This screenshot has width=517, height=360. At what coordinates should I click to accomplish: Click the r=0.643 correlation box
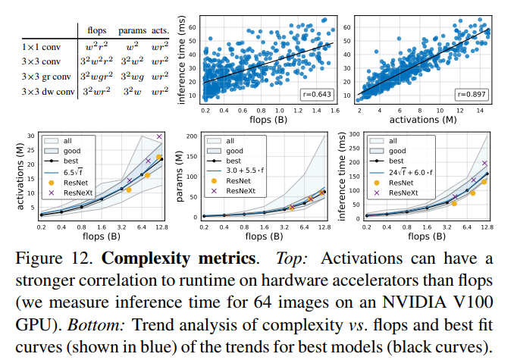tap(316, 95)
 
